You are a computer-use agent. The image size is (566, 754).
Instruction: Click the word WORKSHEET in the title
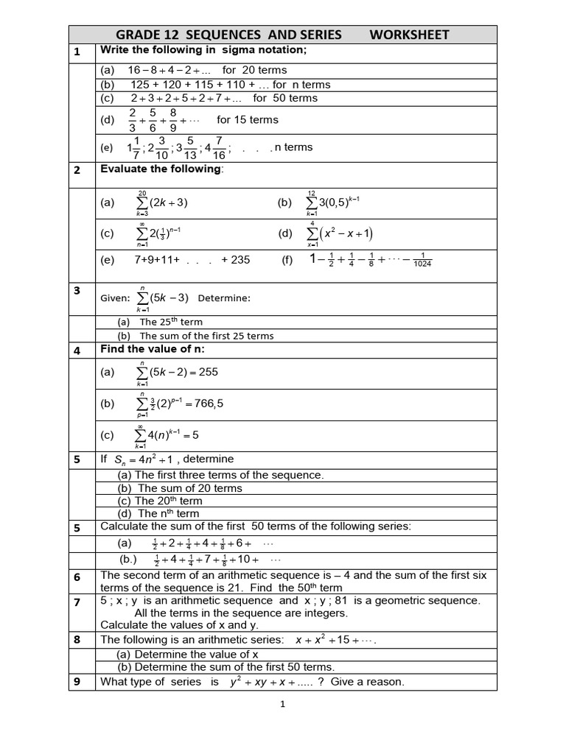tap(409, 35)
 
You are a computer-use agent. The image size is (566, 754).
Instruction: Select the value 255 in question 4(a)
tap(209, 372)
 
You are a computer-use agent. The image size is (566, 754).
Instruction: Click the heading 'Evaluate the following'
tap(161, 169)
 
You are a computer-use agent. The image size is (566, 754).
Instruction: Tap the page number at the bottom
tap(282, 704)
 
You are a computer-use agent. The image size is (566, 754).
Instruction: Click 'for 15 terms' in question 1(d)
tap(248, 119)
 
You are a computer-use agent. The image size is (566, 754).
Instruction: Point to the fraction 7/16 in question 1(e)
tap(220, 147)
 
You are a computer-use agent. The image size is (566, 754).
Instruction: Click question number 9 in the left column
tap(77, 681)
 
